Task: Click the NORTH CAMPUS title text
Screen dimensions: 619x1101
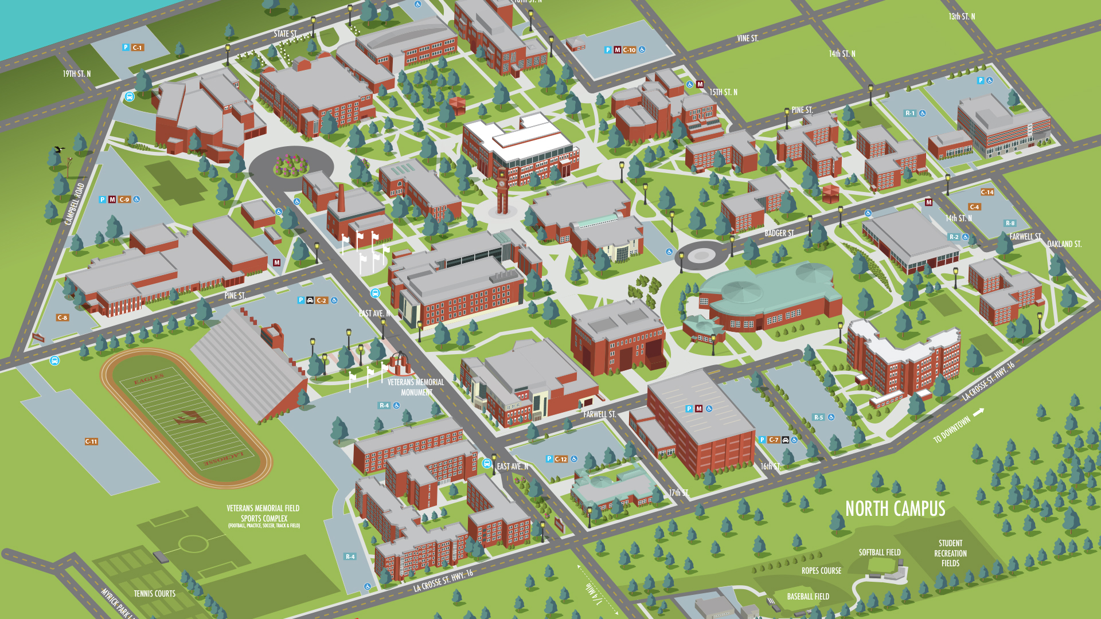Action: [895, 509]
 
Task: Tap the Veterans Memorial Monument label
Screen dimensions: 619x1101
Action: [416, 387]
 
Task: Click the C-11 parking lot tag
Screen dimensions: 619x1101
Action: [91, 441]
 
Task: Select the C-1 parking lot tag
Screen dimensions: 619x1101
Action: [137, 48]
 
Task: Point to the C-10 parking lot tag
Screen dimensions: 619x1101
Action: [629, 50]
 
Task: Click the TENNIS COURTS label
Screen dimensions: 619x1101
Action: [154, 594]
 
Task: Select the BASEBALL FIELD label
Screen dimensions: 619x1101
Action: [808, 597]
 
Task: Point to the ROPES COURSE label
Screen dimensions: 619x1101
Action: [821, 571]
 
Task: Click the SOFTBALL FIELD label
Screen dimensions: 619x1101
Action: [879, 553]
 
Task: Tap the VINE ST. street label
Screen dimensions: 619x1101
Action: [747, 38]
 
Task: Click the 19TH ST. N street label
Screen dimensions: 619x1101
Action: [76, 74]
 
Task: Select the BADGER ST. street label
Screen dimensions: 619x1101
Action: [779, 233]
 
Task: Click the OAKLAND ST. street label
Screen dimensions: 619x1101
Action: [1064, 244]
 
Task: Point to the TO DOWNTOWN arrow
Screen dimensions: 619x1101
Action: [978, 412]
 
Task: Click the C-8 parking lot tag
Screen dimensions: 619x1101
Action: [62, 318]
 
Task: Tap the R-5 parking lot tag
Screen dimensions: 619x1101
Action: [818, 417]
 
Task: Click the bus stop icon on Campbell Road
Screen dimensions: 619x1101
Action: [130, 97]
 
